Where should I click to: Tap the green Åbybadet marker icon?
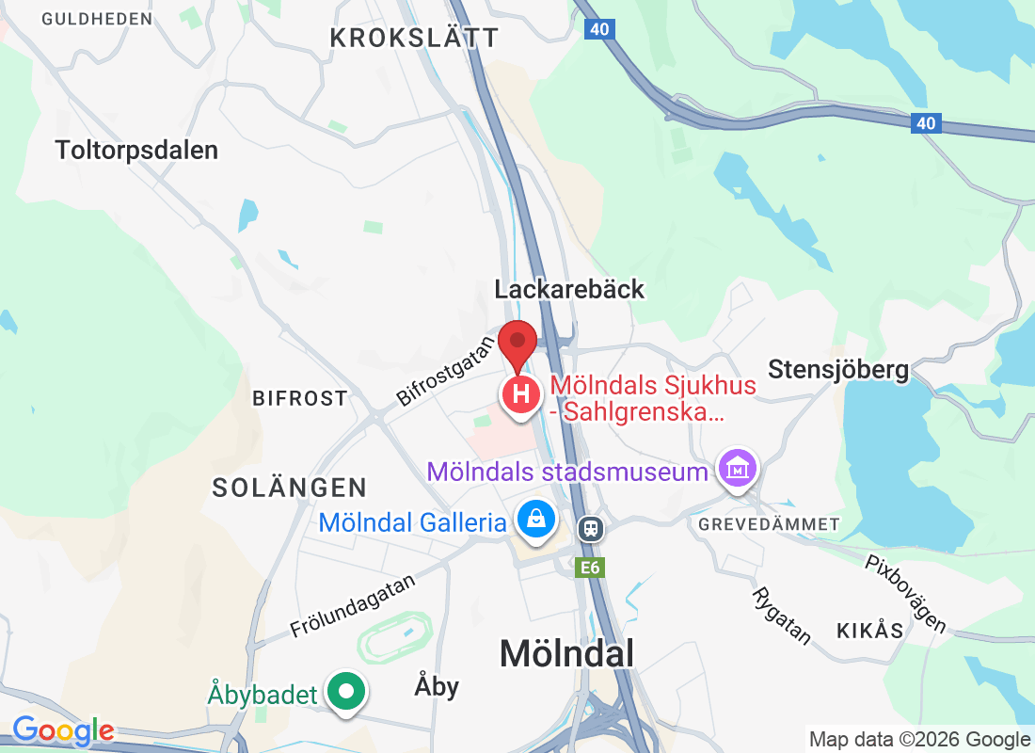[347, 694]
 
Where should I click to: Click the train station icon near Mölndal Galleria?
[591, 529]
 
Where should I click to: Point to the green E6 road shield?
[591, 568]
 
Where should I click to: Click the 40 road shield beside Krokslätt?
[599, 29]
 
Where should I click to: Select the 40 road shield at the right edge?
[926, 122]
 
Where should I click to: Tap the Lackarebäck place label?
[570, 289]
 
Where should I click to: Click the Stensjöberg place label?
[838, 369]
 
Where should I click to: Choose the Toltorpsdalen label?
[136, 150]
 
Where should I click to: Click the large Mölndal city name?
[566, 653]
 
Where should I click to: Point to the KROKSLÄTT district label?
[414, 38]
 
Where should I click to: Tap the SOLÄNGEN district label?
[289, 488]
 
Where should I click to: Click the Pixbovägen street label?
[905, 593]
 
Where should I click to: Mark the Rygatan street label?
[781, 616]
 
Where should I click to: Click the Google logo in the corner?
[63, 730]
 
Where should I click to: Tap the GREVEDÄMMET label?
[770, 523]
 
